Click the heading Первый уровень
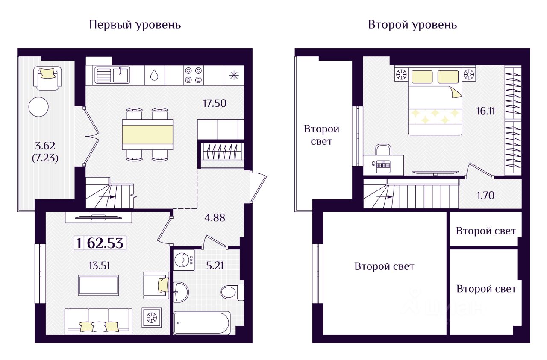[135, 25]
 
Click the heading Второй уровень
[412, 25]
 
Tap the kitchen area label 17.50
[214, 103]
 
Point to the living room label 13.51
[99, 266]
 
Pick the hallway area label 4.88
[214, 217]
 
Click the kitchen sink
[113, 75]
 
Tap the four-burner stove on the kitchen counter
[193, 75]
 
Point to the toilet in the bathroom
[231, 292]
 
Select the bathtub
[202, 322]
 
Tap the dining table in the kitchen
[147, 134]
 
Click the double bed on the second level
[435, 102]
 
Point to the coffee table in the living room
[98, 285]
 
